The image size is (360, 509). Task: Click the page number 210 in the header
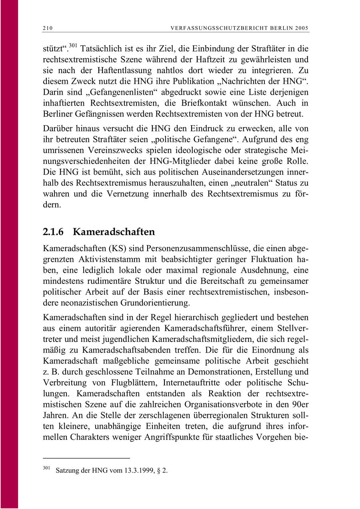[x=48, y=28]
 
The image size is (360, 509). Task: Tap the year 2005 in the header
[x=302, y=28]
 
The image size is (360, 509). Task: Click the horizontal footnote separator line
[x=86, y=458]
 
